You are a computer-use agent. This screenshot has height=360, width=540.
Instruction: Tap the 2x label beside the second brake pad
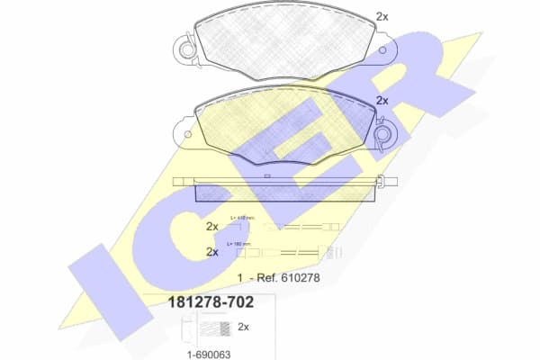pos(382,101)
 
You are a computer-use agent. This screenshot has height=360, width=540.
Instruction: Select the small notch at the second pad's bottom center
pos(269,172)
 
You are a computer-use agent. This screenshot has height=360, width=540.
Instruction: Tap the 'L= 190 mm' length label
pos(239,244)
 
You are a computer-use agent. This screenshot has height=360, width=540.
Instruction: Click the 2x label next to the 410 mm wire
pos(212,225)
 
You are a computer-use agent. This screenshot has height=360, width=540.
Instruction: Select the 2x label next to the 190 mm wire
pos(212,253)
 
